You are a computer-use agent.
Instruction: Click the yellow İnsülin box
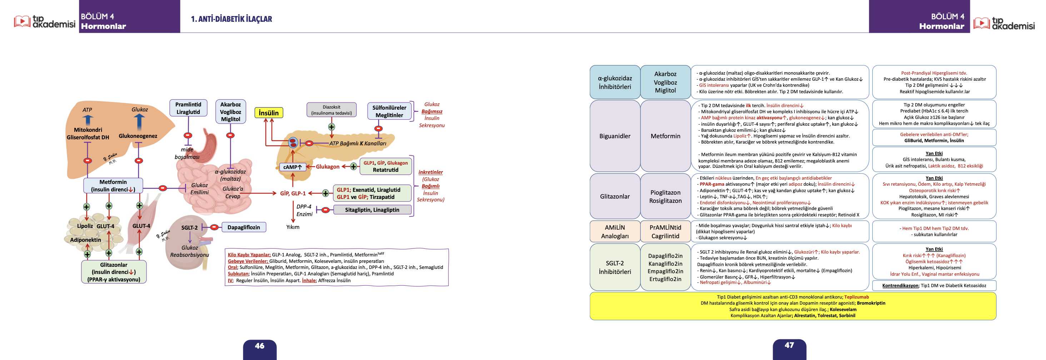[x=268, y=113]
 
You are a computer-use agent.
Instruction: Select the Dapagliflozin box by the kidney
[x=244, y=227]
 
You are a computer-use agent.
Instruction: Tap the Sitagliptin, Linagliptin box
[x=372, y=210]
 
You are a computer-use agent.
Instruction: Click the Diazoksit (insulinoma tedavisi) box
[x=332, y=110]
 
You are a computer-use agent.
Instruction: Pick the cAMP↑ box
[x=292, y=167]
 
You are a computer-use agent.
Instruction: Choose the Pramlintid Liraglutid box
[x=188, y=108]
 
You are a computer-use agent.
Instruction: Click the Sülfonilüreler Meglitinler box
[x=389, y=111]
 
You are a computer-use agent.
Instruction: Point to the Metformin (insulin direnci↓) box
[x=113, y=185]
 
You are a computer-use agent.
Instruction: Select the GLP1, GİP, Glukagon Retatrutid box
[x=385, y=166]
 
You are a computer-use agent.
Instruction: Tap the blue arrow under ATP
[x=87, y=121]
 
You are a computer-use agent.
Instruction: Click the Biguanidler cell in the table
[x=615, y=136]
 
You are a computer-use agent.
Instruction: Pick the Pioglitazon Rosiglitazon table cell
[x=665, y=196]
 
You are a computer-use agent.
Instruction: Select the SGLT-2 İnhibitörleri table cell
[x=615, y=267]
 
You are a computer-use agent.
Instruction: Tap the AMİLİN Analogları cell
[x=615, y=231]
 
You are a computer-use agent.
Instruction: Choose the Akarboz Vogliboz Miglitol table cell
[x=665, y=82]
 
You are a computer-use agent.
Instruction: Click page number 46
[x=259, y=346]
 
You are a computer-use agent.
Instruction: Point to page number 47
[x=789, y=345]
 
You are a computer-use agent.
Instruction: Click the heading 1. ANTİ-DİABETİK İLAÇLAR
[x=231, y=19]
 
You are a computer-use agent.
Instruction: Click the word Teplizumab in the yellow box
[x=856, y=297]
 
